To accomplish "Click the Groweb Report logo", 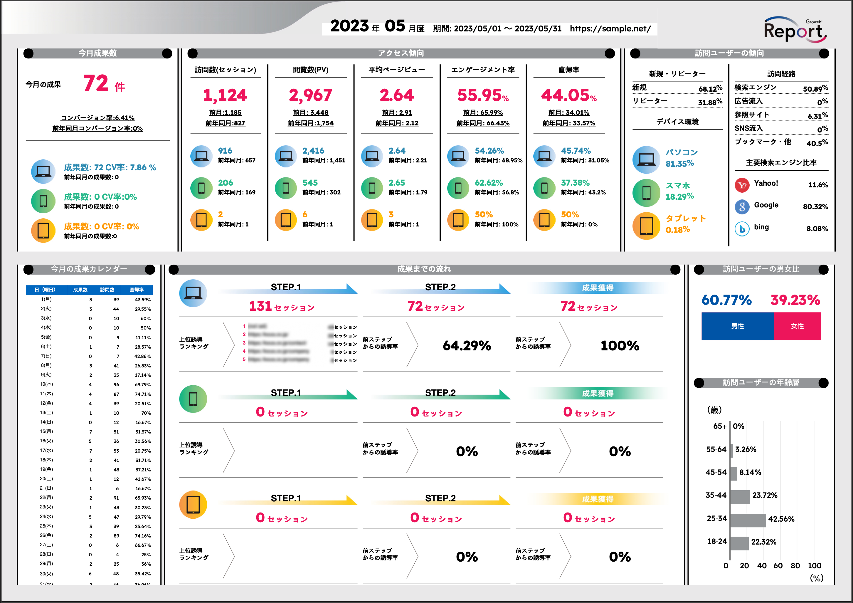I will click(795, 30).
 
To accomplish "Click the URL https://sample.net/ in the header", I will click(610, 28).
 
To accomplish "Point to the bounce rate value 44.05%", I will click(568, 95).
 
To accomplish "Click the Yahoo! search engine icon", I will click(742, 185).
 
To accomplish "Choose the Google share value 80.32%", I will click(815, 206).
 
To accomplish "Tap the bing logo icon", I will click(742, 229).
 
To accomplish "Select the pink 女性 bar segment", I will click(797, 326).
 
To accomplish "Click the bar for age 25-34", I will click(748, 520).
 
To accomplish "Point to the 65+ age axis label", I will click(719, 426).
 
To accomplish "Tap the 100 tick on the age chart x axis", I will click(814, 565).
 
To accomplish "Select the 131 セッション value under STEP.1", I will click(282, 307).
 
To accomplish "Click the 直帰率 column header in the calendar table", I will click(136, 290).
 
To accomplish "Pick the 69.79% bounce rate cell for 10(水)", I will click(142, 384).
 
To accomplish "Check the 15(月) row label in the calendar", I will click(46, 432).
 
